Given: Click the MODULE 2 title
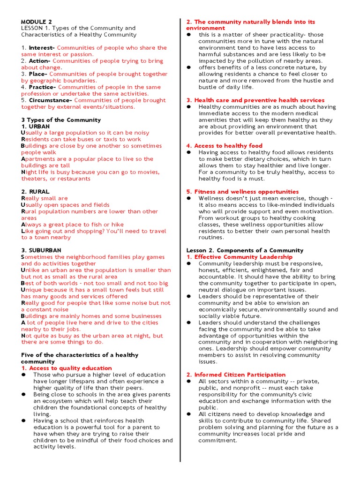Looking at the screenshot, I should tap(37, 22).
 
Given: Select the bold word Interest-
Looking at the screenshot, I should tap(42, 48).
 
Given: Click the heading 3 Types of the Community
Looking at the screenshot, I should tap(61, 120).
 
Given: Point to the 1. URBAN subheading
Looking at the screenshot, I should tap(35, 127).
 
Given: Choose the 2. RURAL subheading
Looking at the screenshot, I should tap(35, 192).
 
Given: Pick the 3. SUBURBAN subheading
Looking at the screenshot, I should tap(41, 250).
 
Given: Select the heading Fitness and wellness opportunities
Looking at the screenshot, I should tap(246, 192).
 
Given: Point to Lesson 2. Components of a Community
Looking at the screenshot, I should tap(245, 250).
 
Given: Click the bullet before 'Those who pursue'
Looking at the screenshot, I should tap(24, 375).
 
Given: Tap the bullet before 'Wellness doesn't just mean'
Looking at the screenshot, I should tap(189, 198).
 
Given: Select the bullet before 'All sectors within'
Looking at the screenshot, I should tap(189, 382).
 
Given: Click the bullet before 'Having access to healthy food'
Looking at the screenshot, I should tap(189, 152).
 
